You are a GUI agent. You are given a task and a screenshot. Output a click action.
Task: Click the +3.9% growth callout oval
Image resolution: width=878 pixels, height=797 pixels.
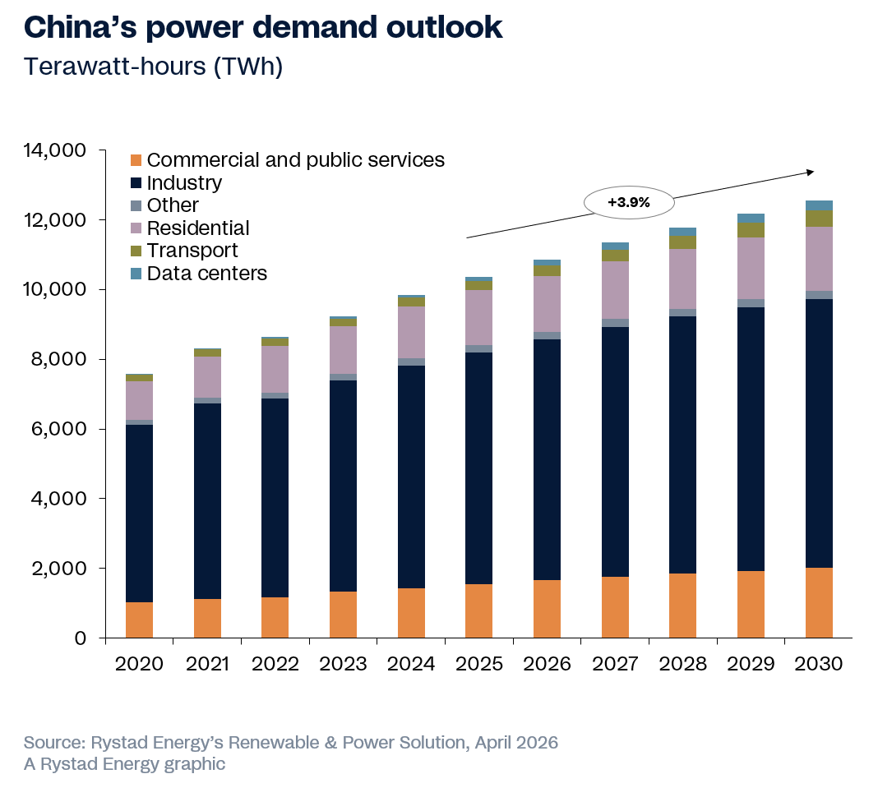[x=629, y=201]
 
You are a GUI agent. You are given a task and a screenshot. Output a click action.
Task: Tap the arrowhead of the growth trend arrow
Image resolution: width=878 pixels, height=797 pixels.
[x=811, y=172]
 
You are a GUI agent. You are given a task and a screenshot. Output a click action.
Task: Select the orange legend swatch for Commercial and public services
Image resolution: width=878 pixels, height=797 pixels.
[x=136, y=160]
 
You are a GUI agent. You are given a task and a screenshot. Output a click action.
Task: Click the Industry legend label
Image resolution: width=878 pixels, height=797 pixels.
[x=184, y=183]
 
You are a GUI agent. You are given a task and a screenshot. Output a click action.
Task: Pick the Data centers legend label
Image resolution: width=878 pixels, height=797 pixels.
[x=206, y=274]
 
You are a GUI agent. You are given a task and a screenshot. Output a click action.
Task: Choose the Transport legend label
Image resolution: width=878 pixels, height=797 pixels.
[x=192, y=251]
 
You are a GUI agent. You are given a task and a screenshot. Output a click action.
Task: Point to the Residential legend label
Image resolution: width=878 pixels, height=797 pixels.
[x=197, y=228]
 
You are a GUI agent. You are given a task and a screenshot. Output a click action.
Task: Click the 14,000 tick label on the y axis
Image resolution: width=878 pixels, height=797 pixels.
[x=58, y=151]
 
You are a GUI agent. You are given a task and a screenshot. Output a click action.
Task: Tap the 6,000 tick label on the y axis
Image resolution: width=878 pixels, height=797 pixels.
[x=62, y=429]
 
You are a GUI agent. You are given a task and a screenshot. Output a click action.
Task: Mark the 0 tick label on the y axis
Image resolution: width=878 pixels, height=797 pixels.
[x=80, y=638]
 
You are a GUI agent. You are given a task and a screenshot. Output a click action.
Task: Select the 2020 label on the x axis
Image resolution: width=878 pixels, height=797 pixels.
[x=140, y=664]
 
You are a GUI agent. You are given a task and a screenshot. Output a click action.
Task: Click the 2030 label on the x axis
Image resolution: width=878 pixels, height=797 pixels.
[x=819, y=664]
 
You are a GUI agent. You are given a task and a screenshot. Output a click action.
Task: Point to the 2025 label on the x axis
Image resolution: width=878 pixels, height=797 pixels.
[x=479, y=664]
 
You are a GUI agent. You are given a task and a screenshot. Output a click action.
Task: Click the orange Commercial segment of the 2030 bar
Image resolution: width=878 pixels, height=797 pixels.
[x=819, y=602]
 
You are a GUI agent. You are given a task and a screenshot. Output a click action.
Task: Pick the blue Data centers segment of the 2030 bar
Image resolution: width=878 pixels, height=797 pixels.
[x=819, y=205]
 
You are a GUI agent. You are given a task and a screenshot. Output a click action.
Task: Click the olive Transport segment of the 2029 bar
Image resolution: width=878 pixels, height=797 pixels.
[x=751, y=231]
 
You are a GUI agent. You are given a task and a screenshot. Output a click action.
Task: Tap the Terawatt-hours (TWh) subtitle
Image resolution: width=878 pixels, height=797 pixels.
[x=153, y=67]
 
